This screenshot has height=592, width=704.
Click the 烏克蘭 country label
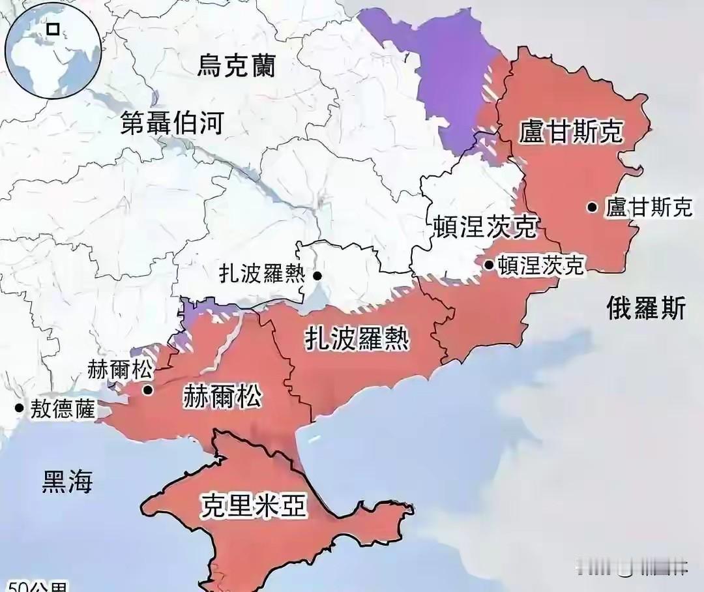[237, 66]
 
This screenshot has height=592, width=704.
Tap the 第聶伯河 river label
[172, 123]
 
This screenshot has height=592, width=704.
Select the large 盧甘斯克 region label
[572, 132]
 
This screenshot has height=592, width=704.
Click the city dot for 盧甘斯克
[592, 207]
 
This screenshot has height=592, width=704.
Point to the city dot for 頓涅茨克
[489, 264]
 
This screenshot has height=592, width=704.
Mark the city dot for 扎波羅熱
[317, 276]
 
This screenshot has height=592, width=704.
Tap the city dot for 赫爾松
[148, 391]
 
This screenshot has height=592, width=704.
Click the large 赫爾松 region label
[222, 395]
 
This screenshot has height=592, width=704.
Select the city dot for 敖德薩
[19, 408]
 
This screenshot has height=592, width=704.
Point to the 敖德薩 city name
[63, 409]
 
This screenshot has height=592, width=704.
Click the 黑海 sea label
[67, 482]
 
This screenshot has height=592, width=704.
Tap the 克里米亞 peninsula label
[254, 505]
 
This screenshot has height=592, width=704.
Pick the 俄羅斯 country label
[646, 307]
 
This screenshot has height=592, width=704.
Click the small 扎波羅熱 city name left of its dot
[263, 274]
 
